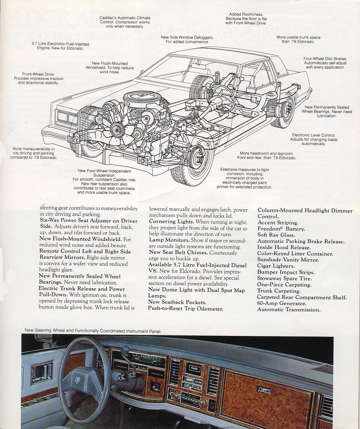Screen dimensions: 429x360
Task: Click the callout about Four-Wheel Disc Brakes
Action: (325, 63)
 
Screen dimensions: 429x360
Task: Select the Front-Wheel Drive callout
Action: (38, 79)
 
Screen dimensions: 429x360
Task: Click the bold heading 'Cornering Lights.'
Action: (171, 222)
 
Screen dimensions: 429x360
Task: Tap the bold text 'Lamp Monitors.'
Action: (169, 240)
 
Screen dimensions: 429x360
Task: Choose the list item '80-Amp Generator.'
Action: (281, 304)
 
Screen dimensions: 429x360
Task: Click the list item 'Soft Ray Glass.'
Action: (276, 235)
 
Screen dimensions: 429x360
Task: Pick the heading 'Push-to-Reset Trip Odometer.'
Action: (185, 309)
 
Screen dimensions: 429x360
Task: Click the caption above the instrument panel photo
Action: (93, 331)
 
